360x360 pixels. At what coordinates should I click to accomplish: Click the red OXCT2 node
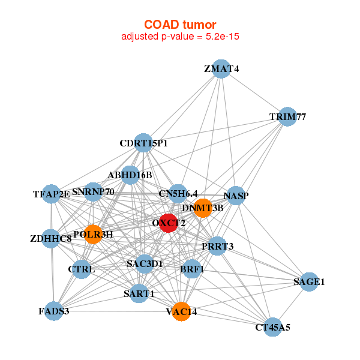pyautogui.click(x=168, y=223)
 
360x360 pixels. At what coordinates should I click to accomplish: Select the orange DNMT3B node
pyautogui.click(x=203, y=208)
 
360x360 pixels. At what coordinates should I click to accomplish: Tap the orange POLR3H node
pyautogui.click(x=93, y=234)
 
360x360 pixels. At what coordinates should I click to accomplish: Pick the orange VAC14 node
pyautogui.click(x=181, y=311)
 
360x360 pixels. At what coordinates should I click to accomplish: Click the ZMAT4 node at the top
pyautogui.click(x=221, y=69)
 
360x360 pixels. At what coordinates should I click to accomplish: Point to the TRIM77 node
pyautogui.click(x=287, y=116)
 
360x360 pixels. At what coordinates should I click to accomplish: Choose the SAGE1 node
pyautogui.click(x=308, y=281)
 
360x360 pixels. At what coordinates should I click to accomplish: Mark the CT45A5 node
pyautogui.click(x=272, y=327)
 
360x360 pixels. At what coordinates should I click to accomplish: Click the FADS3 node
pyautogui.click(x=54, y=311)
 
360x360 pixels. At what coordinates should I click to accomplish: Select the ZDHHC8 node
pyautogui.click(x=51, y=239)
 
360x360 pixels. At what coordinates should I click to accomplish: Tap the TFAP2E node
pyautogui.click(x=52, y=193)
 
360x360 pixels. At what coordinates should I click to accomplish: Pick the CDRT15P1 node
pyautogui.click(x=143, y=143)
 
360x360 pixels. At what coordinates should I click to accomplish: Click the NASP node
pyautogui.click(x=236, y=196)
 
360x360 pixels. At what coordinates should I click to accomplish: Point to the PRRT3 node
pyautogui.click(x=217, y=246)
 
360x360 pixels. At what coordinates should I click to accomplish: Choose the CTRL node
pyautogui.click(x=82, y=269)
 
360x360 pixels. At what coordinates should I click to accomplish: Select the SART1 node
pyautogui.click(x=139, y=293)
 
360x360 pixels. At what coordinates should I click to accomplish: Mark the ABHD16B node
pyautogui.click(x=130, y=175)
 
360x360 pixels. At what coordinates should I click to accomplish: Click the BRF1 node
pyautogui.click(x=192, y=269)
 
